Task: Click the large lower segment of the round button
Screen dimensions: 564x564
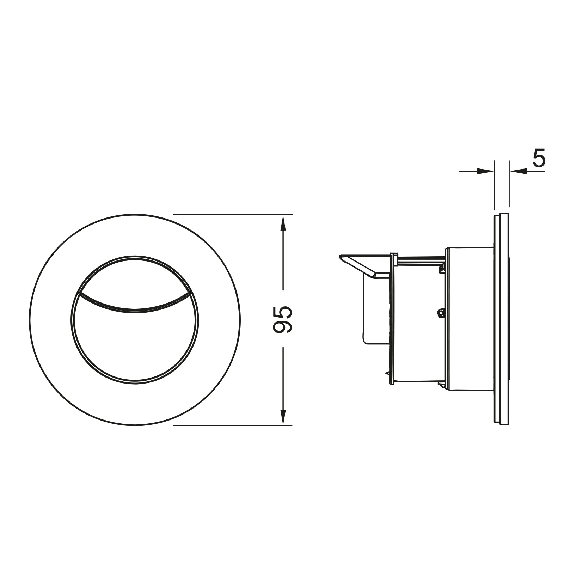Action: pyautogui.click(x=135, y=345)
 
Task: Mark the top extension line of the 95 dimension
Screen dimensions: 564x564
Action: pyautogui.click(x=233, y=214)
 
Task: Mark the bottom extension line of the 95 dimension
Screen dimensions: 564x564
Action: pyautogui.click(x=233, y=425)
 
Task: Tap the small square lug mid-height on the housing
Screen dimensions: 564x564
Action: pyautogui.click(x=440, y=312)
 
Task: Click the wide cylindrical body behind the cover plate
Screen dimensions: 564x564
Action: pyautogui.click(x=469, y=319)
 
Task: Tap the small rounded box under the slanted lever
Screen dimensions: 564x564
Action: pyautogui.click(x=374, y=310)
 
